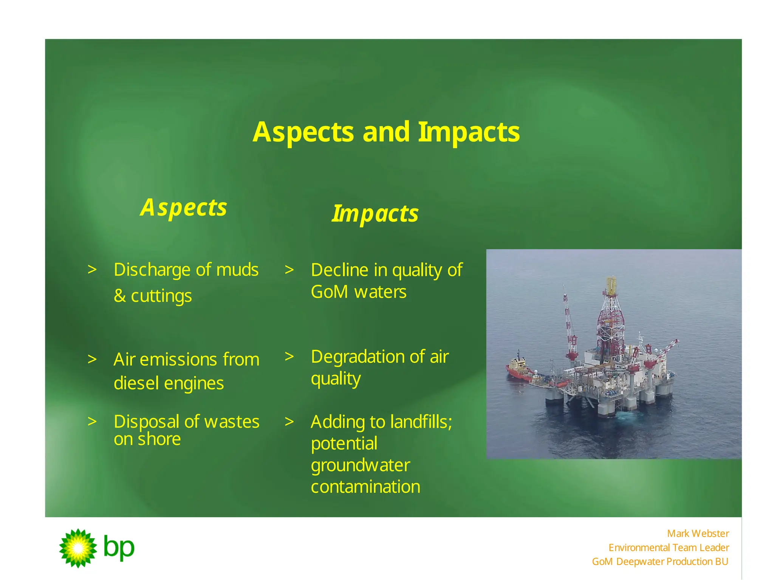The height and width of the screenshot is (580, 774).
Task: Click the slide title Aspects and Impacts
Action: (x=386, y=132)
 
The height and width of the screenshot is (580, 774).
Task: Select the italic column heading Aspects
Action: (x=184, y=208)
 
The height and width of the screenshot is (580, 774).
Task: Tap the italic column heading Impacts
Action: (x=375, y=214)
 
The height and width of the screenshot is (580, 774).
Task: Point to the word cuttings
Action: (x=161, y=296)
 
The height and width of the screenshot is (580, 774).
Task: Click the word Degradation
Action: (x=358, y=357)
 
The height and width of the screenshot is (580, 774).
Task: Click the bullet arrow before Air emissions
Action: (x=92, y=359)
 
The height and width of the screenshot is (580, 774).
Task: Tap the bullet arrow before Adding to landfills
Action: (x=289, y=422)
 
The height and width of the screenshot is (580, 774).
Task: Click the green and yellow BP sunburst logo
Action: (x=78, y=548)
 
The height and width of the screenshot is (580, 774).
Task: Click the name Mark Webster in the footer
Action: (x=698, y=534)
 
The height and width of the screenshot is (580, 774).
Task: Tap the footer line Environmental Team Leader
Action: (x=668, y=548)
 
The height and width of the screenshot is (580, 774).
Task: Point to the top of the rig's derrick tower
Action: (x=611, y=281)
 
